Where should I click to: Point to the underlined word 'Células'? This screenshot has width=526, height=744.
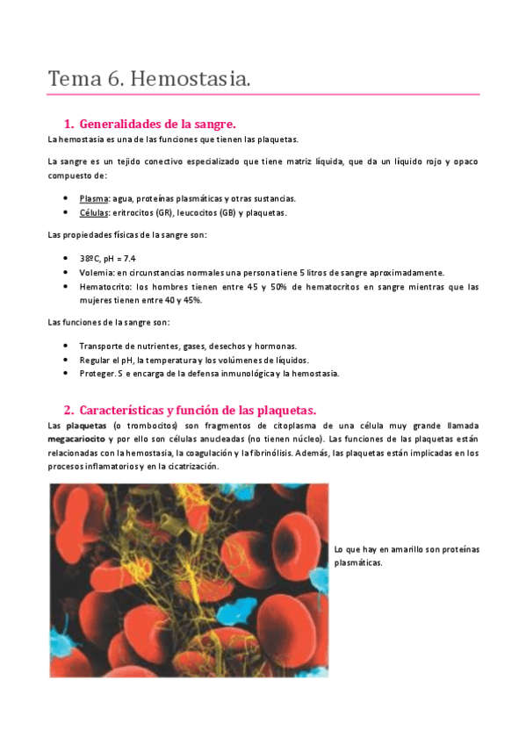click(93, 212)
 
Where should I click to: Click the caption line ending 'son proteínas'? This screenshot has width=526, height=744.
click(407, 549)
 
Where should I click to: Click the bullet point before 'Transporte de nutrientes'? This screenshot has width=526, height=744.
click(67, 346)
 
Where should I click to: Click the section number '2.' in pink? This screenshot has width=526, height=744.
click(68, 410)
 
